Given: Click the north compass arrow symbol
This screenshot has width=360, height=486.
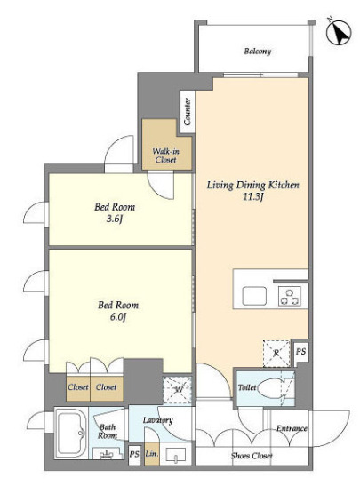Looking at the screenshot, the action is [x=339, y=33].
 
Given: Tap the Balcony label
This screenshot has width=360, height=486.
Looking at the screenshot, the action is [x=258, y=52].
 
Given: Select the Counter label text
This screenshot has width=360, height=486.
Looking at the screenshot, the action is [x=188, y=112].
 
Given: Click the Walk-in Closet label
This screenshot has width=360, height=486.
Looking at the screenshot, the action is [x=166, y=155].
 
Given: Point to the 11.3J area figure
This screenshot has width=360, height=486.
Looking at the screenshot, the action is [x=252, y=197].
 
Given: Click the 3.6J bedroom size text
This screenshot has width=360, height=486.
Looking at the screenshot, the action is [x=115, y=219].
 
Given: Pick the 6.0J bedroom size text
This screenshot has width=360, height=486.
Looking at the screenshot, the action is [x=118, y=317].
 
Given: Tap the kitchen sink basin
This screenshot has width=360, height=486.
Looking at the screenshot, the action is [x=254, y=296].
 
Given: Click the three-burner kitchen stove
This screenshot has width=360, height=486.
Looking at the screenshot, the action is [x=289, y=297].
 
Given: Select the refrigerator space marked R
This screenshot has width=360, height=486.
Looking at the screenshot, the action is [x=276, y=354].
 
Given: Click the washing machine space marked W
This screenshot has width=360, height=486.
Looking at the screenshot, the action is [x=178, y=390].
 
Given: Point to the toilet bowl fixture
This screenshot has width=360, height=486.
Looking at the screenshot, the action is [x=269, y=387].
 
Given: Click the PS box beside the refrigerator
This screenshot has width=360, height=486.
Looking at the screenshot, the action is [x=300, y=351].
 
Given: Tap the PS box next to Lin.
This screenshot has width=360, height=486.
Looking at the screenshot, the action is [x=134, y=455].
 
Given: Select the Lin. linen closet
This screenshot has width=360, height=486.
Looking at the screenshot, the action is [x=152, y=454].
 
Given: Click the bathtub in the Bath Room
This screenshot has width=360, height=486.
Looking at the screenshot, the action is [x=70, y=433].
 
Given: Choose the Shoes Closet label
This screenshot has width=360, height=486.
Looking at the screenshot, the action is [x=252, y=456].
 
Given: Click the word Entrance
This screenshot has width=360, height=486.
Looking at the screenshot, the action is [x=292, y=428].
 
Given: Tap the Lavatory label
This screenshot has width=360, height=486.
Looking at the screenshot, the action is [x=158, y=420].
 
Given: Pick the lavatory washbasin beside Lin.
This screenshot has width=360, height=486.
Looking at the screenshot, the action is [x=176, y=456].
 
